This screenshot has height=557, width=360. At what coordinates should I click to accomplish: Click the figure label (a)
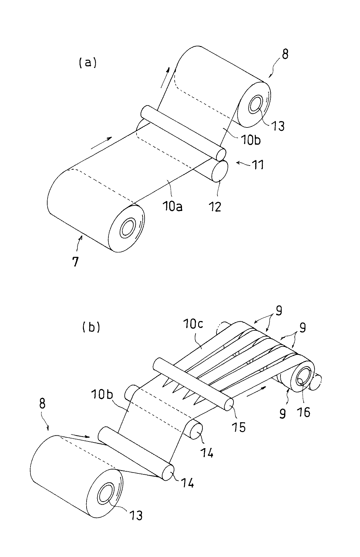coord(87,62)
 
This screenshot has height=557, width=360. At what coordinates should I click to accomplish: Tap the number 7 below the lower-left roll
coord(75,262)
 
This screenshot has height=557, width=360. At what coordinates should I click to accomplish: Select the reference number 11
coord(257,165)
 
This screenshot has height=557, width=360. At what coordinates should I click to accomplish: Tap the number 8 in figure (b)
coord(42,404)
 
